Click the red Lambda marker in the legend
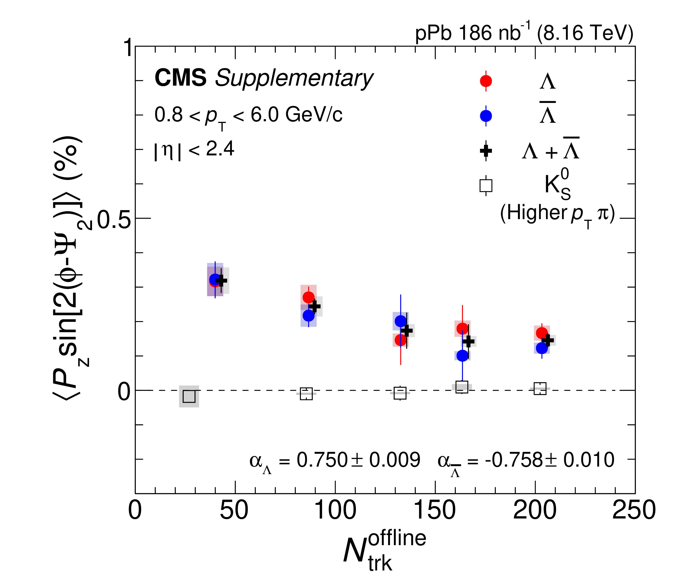click(x=486, y=81)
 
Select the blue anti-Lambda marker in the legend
click(x=486, y=116)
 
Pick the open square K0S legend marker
click(x=486, y=186)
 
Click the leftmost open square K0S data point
click(x=189, y=396)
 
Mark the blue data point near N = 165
click(x=462, y=355)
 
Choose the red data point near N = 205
click(x=541, y=333)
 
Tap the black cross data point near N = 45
click(x=221, y=280)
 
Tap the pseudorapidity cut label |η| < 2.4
click(x=194, y=150)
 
